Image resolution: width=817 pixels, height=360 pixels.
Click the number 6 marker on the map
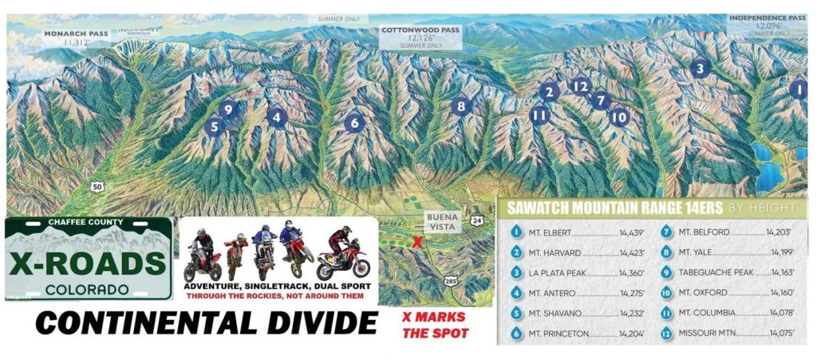354,123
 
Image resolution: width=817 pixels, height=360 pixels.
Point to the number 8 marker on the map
459,105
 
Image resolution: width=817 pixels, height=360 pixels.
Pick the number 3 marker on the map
700,69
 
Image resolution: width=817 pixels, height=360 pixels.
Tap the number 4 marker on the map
278,117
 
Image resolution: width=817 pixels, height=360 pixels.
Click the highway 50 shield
98,185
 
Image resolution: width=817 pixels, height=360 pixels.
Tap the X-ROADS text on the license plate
88,262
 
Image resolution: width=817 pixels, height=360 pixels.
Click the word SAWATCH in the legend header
539,208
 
